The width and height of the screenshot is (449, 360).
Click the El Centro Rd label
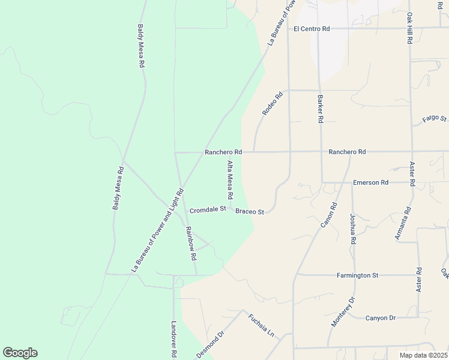point(312,28)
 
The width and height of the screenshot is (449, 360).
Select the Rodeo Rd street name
point(272,104)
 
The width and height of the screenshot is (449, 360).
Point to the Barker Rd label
point(321,109)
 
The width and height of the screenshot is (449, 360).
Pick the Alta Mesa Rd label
point(229,180)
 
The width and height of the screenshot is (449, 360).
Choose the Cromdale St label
point(207,210)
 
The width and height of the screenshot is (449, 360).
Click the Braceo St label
point(250,211)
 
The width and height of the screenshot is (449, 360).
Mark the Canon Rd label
point(330,215)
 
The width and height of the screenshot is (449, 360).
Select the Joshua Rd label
point(354,229)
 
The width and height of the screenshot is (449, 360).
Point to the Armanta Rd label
point(402,223)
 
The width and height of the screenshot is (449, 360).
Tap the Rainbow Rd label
point(191,243)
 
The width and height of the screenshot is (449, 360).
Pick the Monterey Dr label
point(343,311)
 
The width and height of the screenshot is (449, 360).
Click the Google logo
point(20,353)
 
